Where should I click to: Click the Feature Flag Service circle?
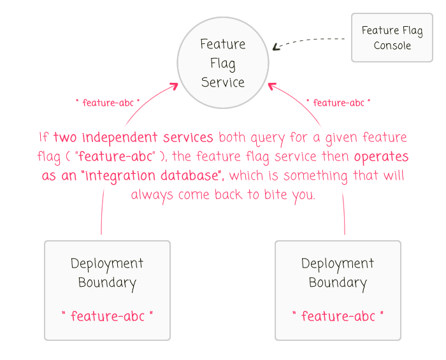(223, 62)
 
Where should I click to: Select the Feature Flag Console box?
(392, 38)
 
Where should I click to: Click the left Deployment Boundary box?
(107, 290)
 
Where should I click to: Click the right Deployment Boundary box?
(338, 290)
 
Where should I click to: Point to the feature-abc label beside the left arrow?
(107, 102)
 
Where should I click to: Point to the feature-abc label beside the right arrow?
(338, 102)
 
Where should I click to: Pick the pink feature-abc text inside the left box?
(107, 316)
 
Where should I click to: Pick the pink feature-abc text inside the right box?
(338, 316)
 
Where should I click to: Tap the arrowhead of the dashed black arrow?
(275, 47)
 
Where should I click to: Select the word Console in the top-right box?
(392, 46)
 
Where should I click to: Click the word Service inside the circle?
(223, 82)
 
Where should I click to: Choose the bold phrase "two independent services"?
(133, 138)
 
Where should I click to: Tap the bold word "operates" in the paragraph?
(381, 157)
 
